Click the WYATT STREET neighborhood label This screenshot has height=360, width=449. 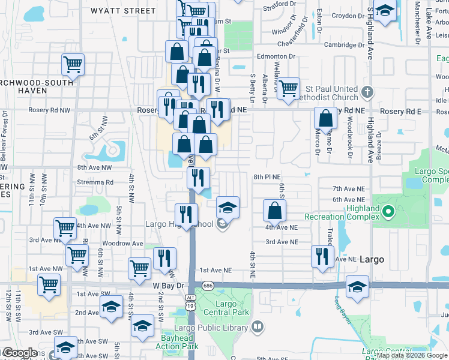click(x=122, y=11)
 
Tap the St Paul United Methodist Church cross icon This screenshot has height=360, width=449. click(x=368, y=92)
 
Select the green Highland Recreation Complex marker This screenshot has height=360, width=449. click(x=388, y=211)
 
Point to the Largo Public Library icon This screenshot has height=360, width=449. click(x=258, y=327)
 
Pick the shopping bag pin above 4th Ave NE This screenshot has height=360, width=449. click(x=274, y=210)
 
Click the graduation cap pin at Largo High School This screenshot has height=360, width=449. click(x=228, y=208)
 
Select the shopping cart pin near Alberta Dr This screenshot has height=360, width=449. click(x=289, y=88)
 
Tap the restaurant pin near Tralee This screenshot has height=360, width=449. click(x=323, y=256)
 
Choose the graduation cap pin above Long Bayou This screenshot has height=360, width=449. click(x=357, y=286)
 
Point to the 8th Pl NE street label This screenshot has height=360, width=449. click(x=267, y=177)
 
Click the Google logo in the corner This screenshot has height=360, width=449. click(x=20, y=353)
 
